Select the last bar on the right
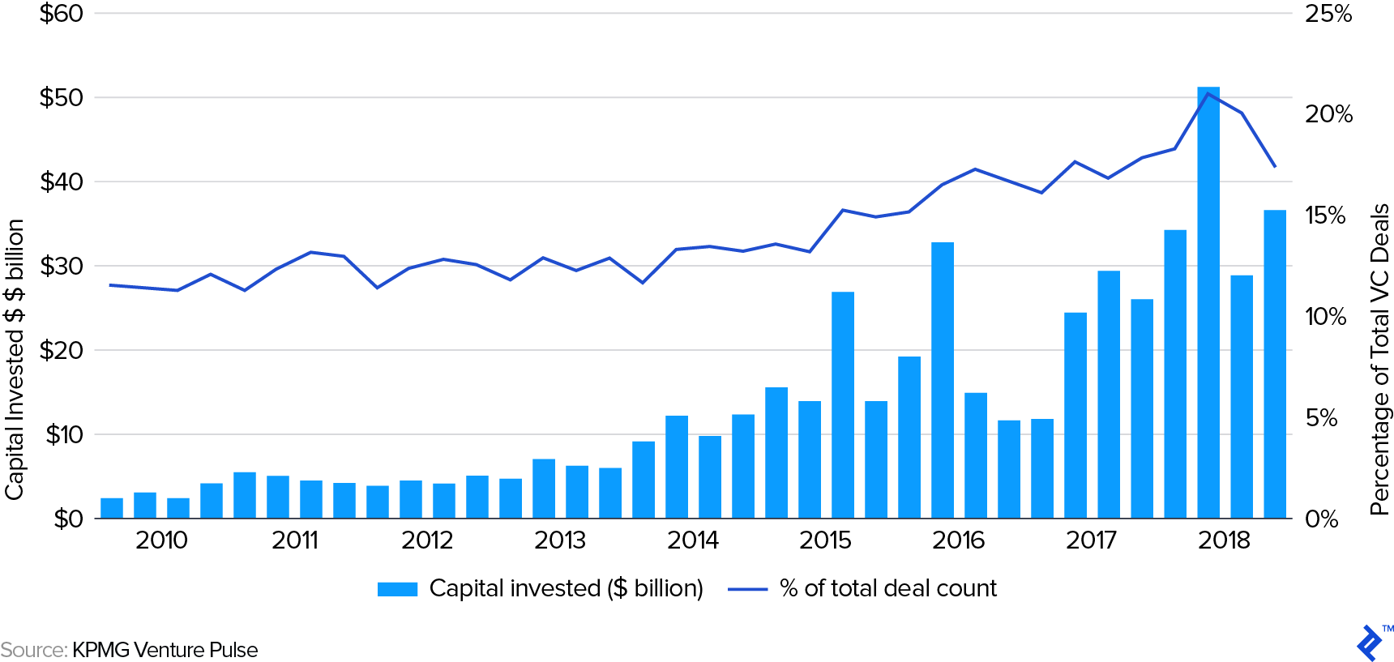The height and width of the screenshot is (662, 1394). pyautogui.click(x=1275, y=365)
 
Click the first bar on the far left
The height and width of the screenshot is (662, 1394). pyautogui.click(x=112, y=508)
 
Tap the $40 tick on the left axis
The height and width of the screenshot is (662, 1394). pyautogui.click(x=62, y=182)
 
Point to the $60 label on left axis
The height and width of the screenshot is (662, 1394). pyautogui.click(x=62, y=14)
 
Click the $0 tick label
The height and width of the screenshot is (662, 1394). pyautogui.click(x=68, y=519)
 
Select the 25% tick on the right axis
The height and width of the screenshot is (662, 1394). pyautogui.click(x=1328, y=14)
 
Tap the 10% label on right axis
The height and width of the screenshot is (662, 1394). pyautogui.click(x=1325, y=317)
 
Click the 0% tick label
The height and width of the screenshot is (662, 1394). pyautogui.click(x=1321, y=519)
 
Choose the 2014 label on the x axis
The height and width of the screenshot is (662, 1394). pyautogui.click(x=692, y=540)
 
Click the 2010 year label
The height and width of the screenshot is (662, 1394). pyautogui.click(x=161, y=540)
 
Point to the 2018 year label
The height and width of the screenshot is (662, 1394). pyautogui.click(x=1224, y=540)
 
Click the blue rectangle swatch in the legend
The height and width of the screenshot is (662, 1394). pyautogui.click(x=397, y=589)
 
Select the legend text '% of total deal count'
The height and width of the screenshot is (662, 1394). pyautogui.click(x=887, y=588)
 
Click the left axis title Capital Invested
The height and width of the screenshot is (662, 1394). pyautogui.click(x=15, y=359)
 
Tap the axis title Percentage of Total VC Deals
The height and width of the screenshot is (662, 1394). pyautogui.click(x=1379, y=359)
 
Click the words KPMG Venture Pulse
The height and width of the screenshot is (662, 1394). pyautogui.click(x=165, y=650)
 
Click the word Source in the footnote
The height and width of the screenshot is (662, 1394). pyautogui.click(x=33, y=650)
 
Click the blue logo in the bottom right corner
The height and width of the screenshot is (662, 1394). pyautogui.click(x=1370, y=643)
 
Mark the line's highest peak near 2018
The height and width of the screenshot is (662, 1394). pyautogui.click(x=1208, y=94)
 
